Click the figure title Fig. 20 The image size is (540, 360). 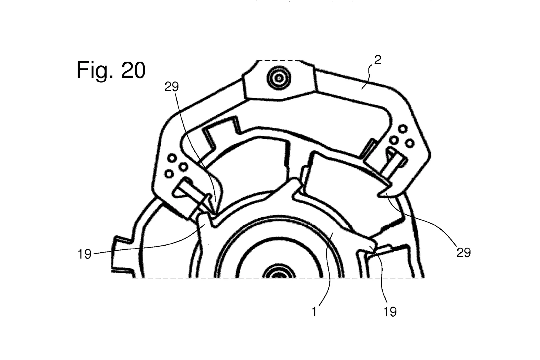pos(111,70)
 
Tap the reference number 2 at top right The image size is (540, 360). pos(377,60)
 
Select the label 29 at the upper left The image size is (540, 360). pos(172,87)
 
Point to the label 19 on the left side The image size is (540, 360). pos(85,254)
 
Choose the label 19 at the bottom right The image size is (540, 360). pos(390,312)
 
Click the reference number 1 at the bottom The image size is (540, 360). pos(314,312)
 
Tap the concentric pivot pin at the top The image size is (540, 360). pos(279,79)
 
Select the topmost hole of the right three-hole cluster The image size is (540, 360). pos(403,129)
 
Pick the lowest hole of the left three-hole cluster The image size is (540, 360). pos(169,174)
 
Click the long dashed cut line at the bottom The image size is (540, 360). pos(278,278)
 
